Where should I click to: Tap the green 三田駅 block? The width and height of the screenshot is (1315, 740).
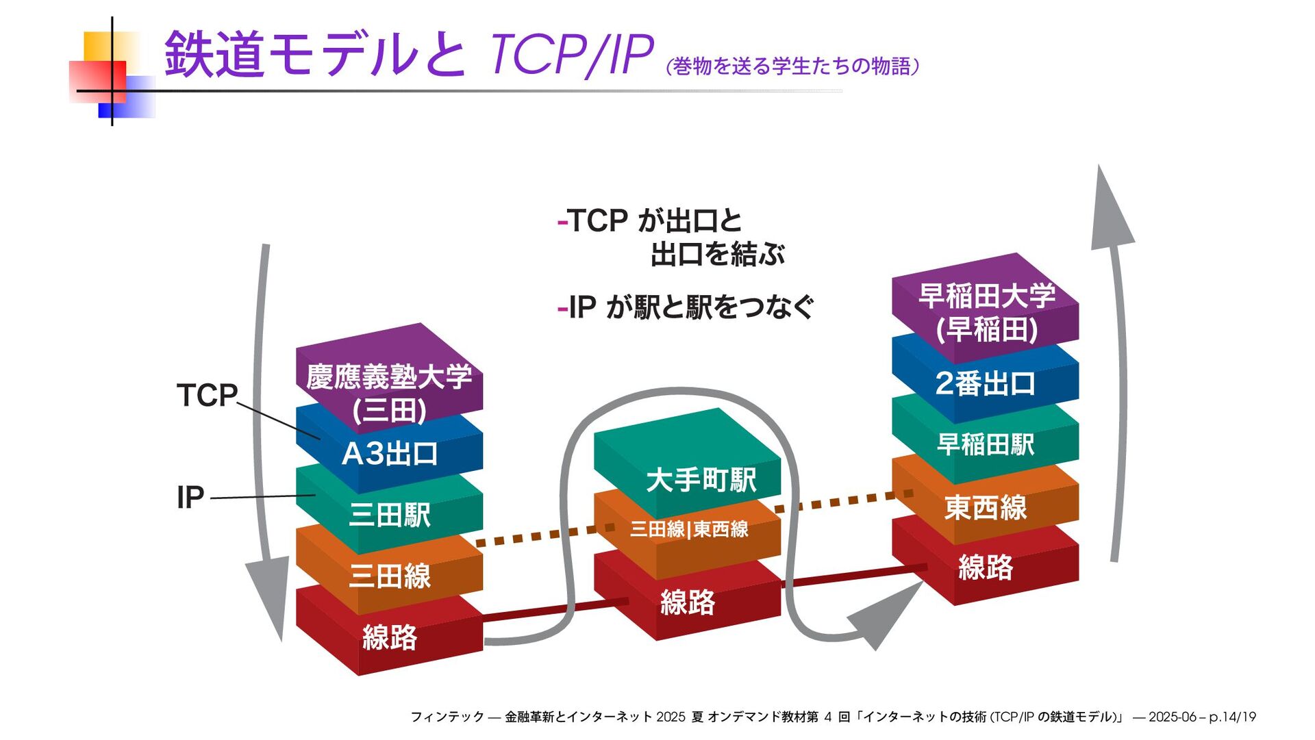point(389,514)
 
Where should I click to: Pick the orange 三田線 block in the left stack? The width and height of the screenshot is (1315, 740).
point(389,575)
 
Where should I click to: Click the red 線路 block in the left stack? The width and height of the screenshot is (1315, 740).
point(389,637)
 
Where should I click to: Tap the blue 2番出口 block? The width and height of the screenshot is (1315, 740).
point(985,383)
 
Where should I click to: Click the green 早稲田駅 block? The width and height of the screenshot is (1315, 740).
point(985,444)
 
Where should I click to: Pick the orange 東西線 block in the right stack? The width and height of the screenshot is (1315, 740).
point(985,507)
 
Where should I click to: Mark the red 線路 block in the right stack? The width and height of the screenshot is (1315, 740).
point(985,567)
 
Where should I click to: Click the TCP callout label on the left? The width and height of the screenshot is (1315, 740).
point(207,396)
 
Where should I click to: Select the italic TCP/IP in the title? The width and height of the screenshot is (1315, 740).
point(571,55)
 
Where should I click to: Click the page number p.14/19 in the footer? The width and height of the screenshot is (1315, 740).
point(1232,717)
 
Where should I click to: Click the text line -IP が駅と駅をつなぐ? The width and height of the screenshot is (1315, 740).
point(686,307)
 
